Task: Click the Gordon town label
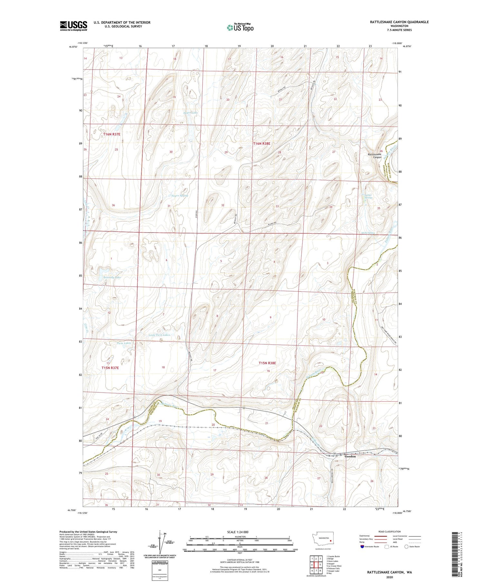(x=350, y=456)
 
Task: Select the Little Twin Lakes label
(x=159, y=335)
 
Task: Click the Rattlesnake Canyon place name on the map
(x=374, y=156)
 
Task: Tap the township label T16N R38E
(x=261, y=144)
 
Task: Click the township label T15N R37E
(x=110, y=368)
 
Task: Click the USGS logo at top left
(x=73, y=26)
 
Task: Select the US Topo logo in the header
(x=240, y=28)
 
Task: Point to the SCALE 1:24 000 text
(x=238, y=532)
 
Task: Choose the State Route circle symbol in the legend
(x=406, y=547)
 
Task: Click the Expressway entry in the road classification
(x=365, y=536)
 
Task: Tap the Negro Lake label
(x=190, y=113)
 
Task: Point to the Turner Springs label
(x=368, y=196)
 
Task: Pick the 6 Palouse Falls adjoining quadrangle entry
(x=333, y=569)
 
